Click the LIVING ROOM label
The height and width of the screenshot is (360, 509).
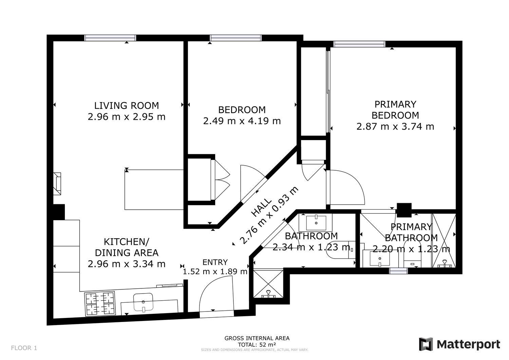pyautogui.click(x=126, y=106)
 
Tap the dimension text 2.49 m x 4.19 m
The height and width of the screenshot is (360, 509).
pyautogui.click(x=242, y=121)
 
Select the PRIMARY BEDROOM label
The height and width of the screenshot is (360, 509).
pyautogui.click(x=395, y=109)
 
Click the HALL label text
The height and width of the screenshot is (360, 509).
pyautogui.click(x=262, y=207)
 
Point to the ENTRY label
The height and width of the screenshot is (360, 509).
pyautogui.click(x=215, y=262)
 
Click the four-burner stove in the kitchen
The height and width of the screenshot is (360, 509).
pyautogui.click(x=100, y=304)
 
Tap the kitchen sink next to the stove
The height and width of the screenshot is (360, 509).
pyautogui.click(x=144, y=302)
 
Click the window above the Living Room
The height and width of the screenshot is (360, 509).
pyautogui.click(x=110, y=38)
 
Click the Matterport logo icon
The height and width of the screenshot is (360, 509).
pyautogui.click(x=426, y=344)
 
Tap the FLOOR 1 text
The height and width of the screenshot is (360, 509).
pyautogui.click(x=24, y=348)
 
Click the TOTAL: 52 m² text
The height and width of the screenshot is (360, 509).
pyautogui.click(x=257, y=344)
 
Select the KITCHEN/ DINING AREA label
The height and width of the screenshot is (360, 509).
pyautogui.click(x=126, y=247)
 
